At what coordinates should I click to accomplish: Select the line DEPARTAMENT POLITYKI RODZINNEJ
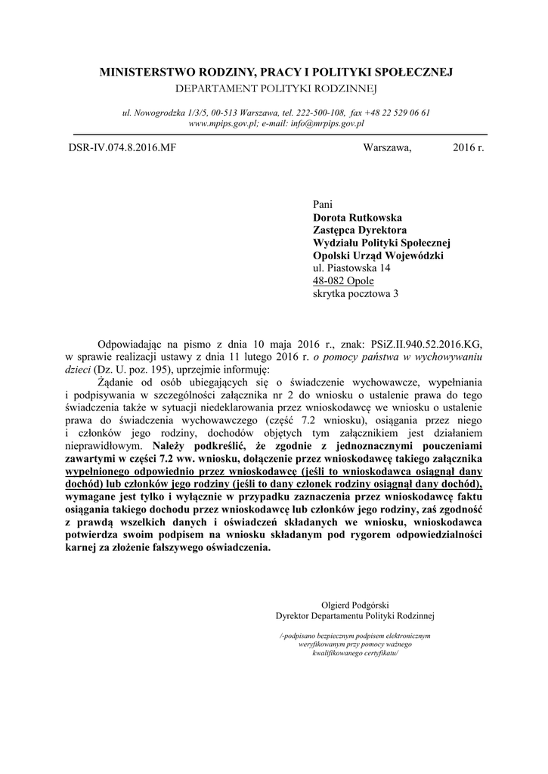276,88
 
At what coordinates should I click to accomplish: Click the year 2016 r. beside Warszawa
468,147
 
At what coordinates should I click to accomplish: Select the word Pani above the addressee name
322,205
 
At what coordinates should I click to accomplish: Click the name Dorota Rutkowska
358,218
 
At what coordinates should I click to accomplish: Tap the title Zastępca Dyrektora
360,230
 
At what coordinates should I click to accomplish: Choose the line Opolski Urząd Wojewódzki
378,255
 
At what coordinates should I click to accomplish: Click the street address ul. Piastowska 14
351,268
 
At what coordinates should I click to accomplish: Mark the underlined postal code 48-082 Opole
343,281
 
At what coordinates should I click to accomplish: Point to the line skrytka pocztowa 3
355,294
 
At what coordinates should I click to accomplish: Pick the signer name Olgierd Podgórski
355,605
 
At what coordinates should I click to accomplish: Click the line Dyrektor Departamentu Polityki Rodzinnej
355,616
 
